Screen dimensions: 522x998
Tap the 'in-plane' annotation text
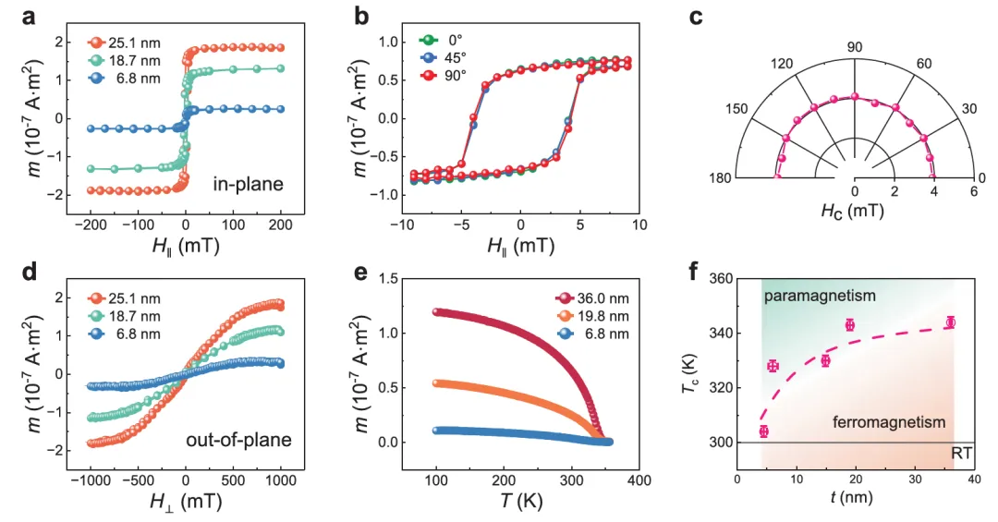248,185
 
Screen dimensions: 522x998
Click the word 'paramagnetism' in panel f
819,296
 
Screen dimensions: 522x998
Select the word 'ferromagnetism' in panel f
889,422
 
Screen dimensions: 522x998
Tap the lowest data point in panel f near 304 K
763,431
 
